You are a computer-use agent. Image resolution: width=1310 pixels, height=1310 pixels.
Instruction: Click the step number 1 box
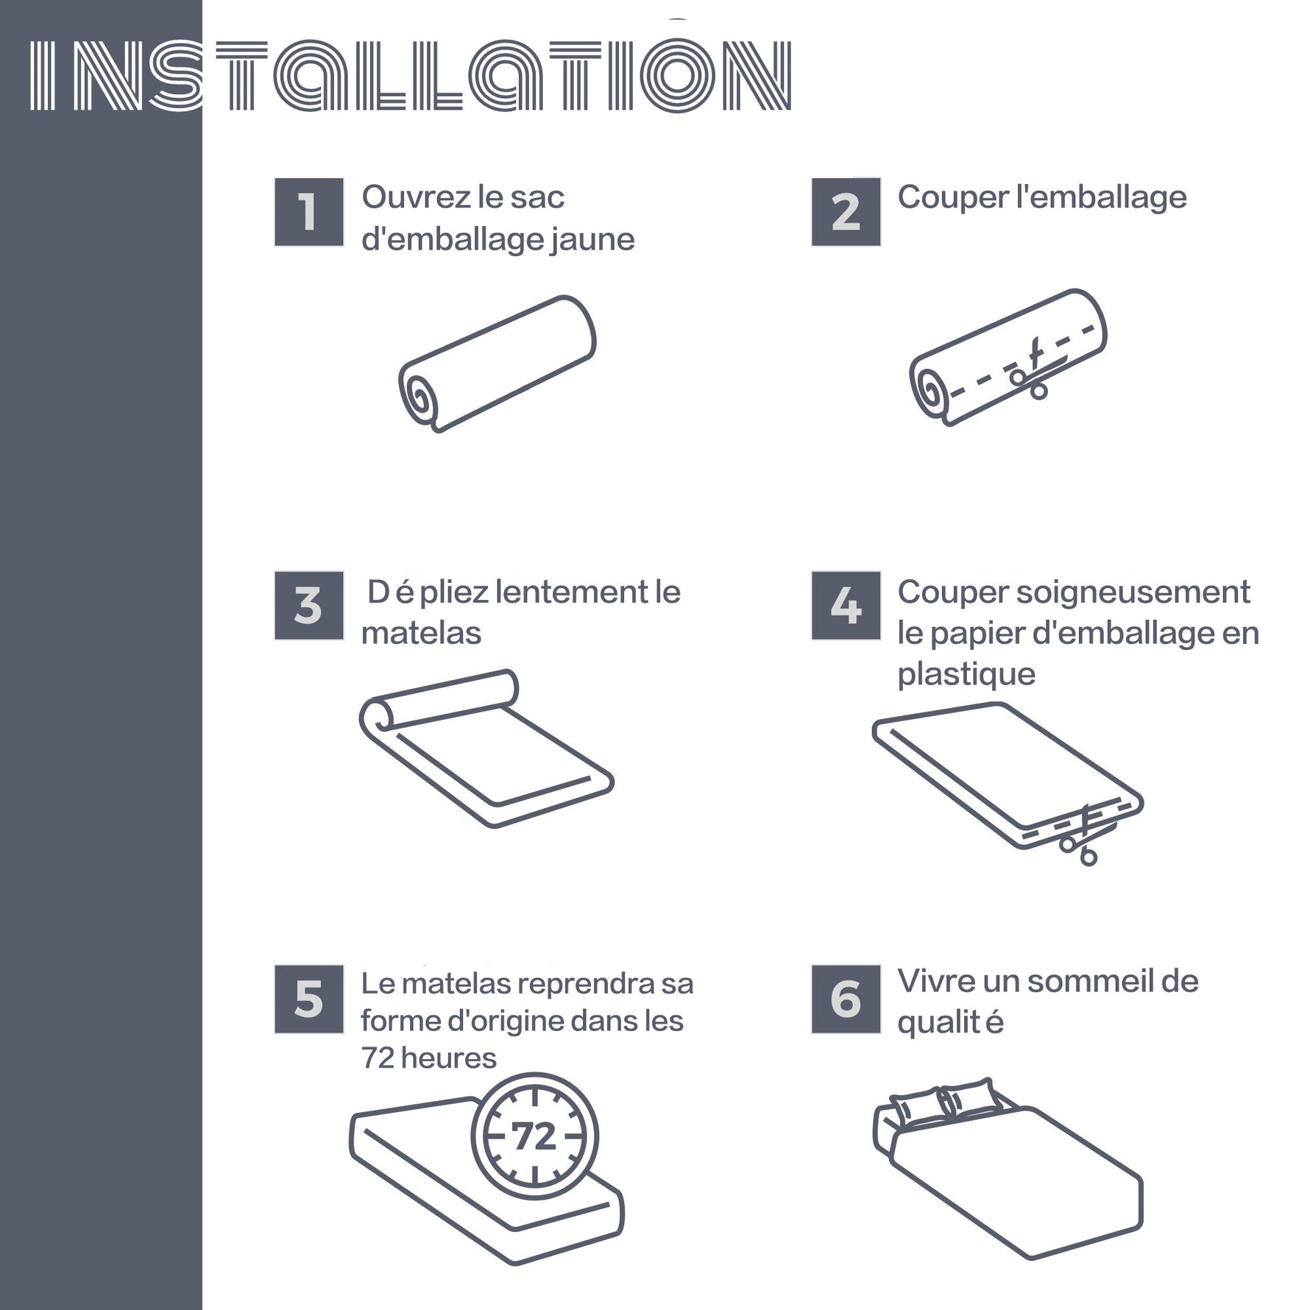pyautogui.click(x=308, y=212)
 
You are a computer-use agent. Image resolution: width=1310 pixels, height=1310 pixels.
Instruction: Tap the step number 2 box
pyautogui.click(x=846, y=212)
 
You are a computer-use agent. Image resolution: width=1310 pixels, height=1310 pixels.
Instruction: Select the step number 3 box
pyautogui.click(x=308, y=606)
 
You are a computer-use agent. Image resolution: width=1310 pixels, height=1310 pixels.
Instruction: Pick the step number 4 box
pyautogui.click(x=846, y=606)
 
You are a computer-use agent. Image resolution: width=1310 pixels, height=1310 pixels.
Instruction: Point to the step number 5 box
pyautogui.click(x=308, y=999)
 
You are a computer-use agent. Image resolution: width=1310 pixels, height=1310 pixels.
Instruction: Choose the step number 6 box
pyautogui.click(x=846, y=999)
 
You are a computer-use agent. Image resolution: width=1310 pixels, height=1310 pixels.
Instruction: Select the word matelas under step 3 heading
pyautogui.click(x=421, y=634)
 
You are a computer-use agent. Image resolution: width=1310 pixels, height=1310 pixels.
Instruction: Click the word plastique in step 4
pyautogui.click(x=966, y=675)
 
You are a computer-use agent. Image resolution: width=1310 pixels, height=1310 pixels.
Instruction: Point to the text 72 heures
pyautogui.click(x=428, y=1058)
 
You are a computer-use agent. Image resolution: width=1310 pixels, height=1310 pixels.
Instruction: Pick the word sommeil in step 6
pyautogui.click(x=1089, y=981)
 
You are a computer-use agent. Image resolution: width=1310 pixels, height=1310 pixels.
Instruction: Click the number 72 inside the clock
pyautogui.click(x=534, y=1137)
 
